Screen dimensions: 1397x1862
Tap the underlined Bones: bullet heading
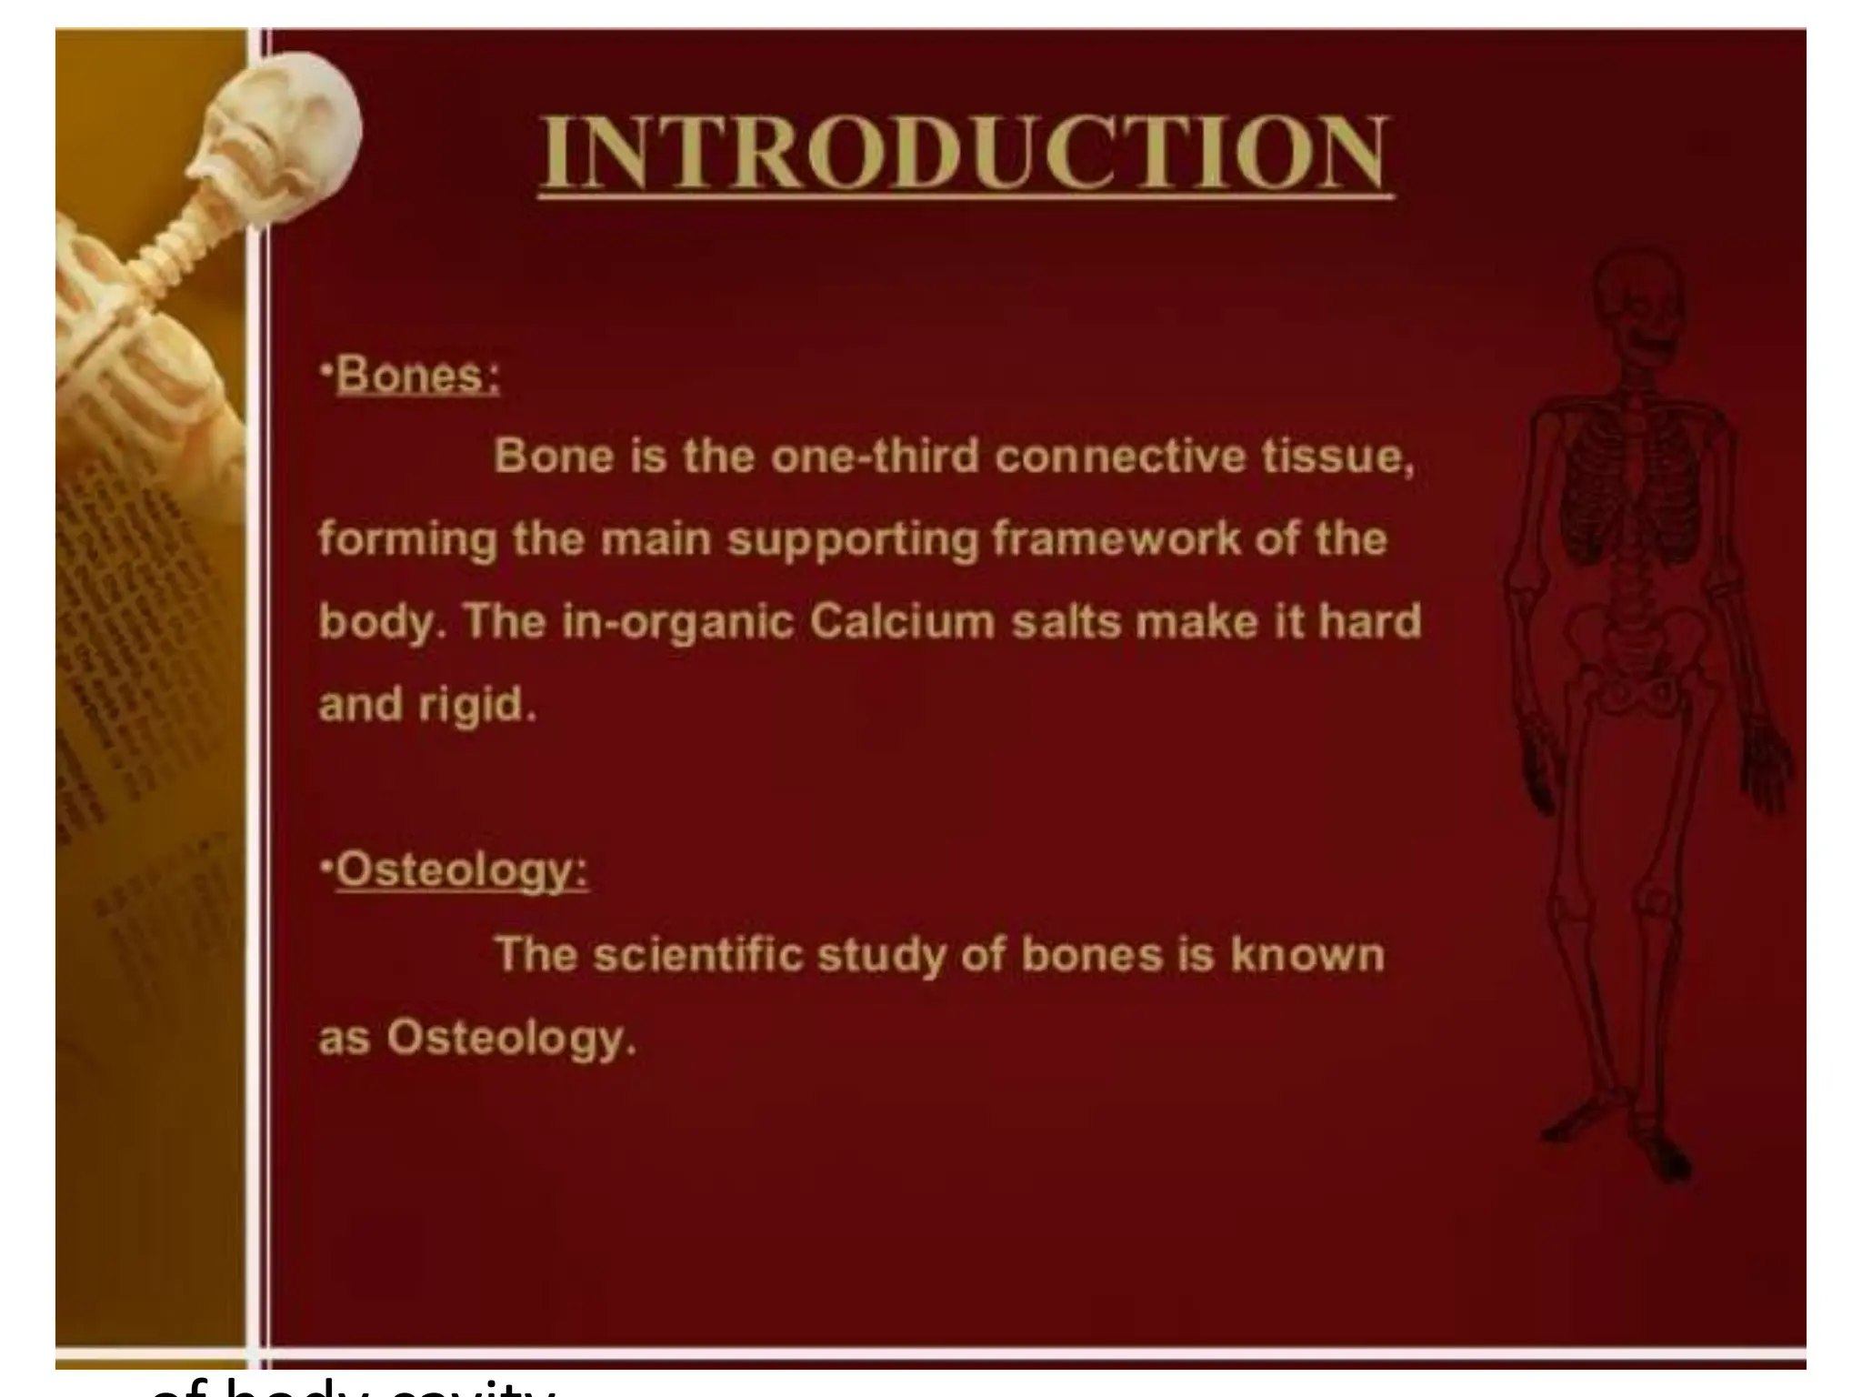click(x=417, y=376)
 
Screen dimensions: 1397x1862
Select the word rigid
click(x=477, y=706)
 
